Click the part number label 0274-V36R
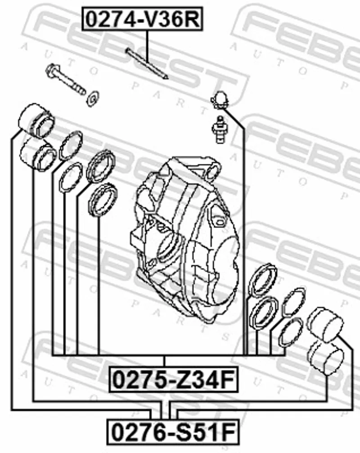coord(143,19)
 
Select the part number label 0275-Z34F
coord(174,379)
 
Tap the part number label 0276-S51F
coord(173,432)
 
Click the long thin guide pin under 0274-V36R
coord(147,63)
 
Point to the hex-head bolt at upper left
coord(66,79)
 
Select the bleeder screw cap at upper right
coord(220,100)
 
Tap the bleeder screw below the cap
coord(220,129)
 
